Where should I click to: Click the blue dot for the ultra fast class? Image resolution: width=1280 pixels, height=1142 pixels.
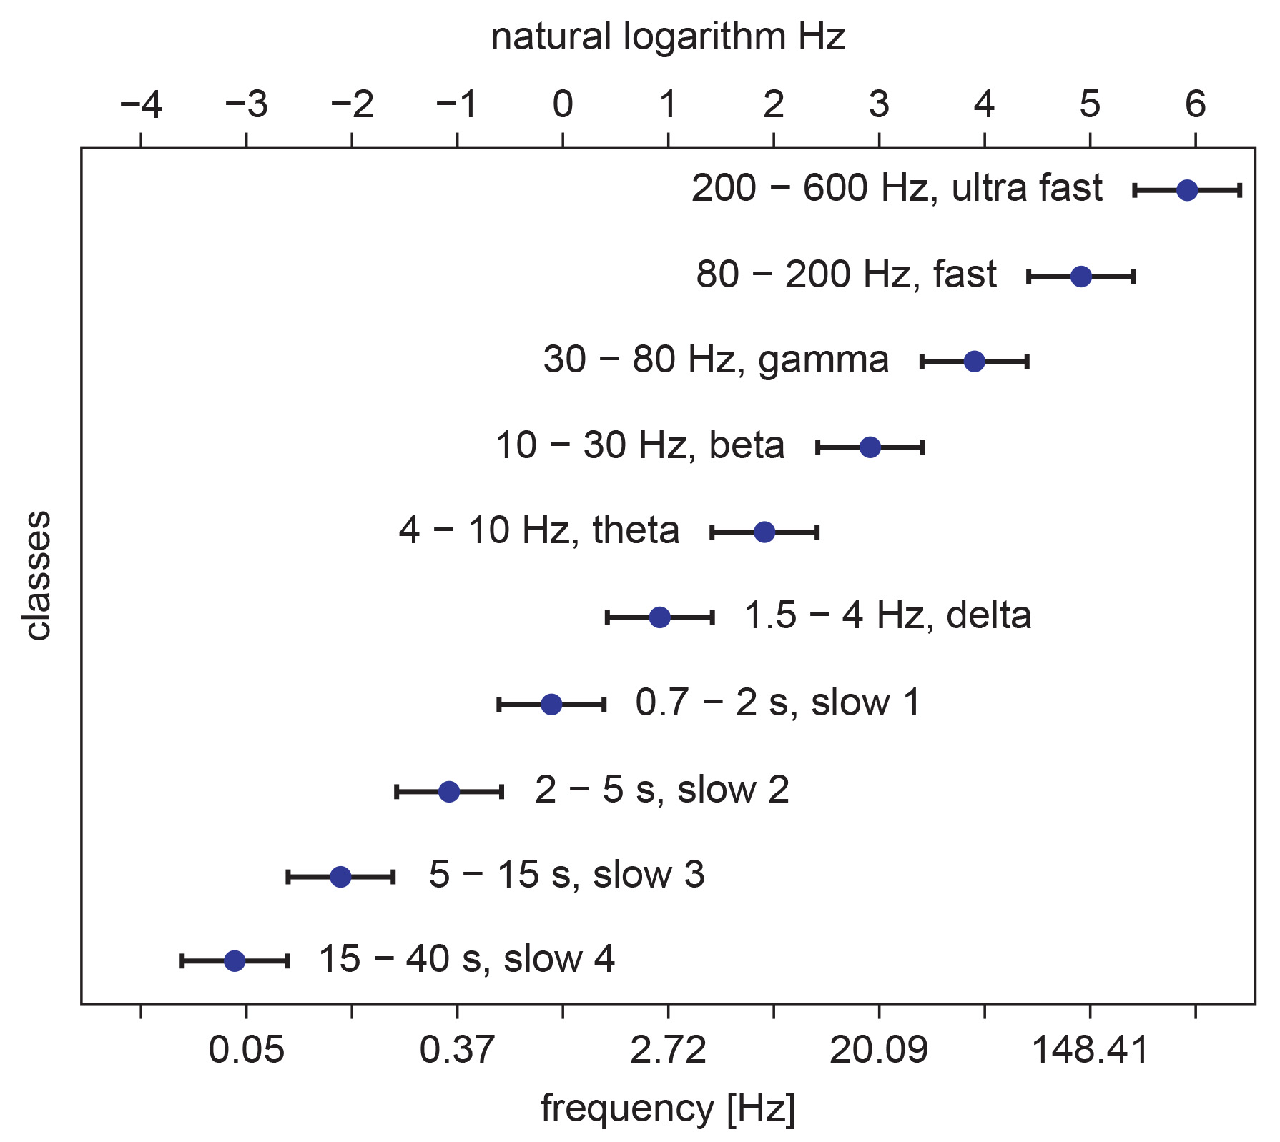point(1187,190)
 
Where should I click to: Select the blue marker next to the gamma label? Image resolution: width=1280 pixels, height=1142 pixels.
point(975,361)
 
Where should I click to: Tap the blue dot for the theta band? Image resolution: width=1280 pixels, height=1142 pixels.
point(764,532)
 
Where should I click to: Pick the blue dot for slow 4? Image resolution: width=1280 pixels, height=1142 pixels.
point(235,961)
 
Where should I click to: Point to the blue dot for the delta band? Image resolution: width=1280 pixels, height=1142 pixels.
point(659,617)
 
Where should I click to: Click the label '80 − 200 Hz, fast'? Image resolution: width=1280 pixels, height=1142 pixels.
point(846,274)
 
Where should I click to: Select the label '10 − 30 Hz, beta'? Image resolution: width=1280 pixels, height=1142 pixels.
point(640,445)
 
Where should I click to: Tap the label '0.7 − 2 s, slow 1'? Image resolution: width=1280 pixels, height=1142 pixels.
point(778,702)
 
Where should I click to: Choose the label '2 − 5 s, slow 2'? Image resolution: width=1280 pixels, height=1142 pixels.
point(662,790)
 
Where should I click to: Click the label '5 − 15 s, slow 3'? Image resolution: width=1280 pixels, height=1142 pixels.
point(567,875)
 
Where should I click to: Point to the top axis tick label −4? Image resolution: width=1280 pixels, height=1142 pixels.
point(141,105)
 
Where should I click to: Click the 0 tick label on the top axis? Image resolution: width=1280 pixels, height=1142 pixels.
point(563,105)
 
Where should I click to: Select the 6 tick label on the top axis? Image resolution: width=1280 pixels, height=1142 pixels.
point(1196,105)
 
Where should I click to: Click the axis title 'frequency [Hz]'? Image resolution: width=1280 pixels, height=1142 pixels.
point(668,1109)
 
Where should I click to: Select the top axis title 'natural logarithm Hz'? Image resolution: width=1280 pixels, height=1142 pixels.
point(668,37)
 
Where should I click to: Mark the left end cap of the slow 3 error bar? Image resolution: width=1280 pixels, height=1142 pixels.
point(288,877)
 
